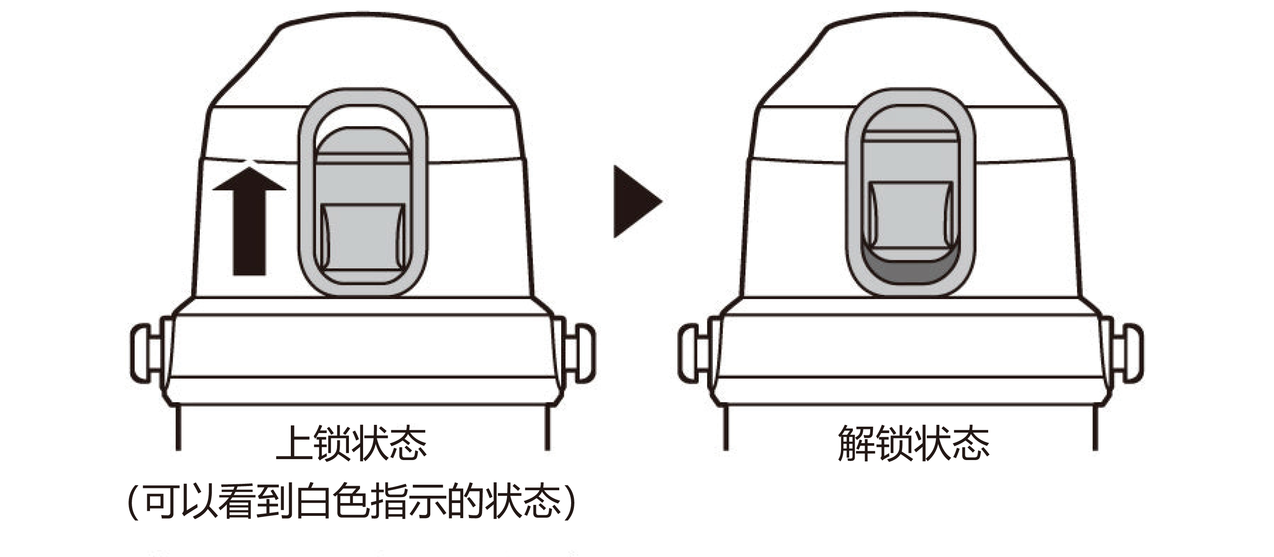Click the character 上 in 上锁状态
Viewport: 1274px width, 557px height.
coord(295,443)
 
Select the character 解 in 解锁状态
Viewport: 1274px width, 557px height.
coord(856,443)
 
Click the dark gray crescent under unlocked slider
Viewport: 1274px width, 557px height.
coord(910,271)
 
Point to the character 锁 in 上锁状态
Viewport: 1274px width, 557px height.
coord(333,443)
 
